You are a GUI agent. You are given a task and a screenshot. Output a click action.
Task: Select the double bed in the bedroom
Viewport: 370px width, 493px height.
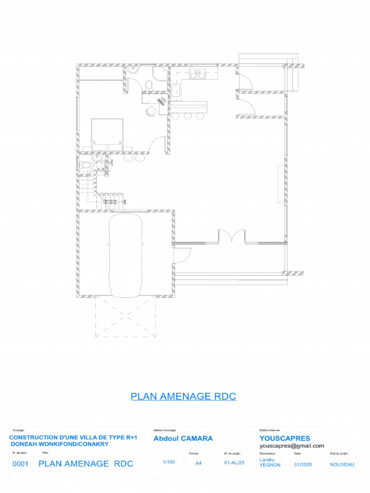pyautogui.click(x=107, y=134)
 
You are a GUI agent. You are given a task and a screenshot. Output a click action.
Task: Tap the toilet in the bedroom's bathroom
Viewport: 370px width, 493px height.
pyautogui.click(x=149, y=85)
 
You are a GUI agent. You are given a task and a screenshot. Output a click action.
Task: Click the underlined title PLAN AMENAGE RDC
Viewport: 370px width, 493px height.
pyautogui.click(x=184, y=397)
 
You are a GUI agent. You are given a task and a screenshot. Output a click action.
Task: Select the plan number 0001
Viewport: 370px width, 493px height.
pyautogui.click(x=20, y=464)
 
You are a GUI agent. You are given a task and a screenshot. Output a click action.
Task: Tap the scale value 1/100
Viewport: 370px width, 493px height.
pyautogui.click(x=169, y=462)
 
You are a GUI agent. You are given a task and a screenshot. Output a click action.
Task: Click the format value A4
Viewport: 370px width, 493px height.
pyautogui.click(x=198, y=463)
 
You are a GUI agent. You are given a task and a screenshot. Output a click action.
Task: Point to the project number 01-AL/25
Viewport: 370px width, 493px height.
pyautogui.click(x=235, y=463)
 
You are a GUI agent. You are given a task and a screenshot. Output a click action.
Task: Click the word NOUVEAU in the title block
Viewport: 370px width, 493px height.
pyautogui.click(x=342, y=465)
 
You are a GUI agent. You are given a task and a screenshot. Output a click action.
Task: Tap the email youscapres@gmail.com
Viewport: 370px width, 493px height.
pyautogui.click(x=291, y=446)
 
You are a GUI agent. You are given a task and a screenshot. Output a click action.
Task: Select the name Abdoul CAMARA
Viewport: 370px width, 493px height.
pyautogui.click(x=183, y=439)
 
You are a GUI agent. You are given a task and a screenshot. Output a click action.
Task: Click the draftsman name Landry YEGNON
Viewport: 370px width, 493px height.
pyautogui.click(x=270, y=462)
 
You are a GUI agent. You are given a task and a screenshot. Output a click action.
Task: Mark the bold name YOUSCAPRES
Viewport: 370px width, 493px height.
pyautogui.click(x=285, y=439)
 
